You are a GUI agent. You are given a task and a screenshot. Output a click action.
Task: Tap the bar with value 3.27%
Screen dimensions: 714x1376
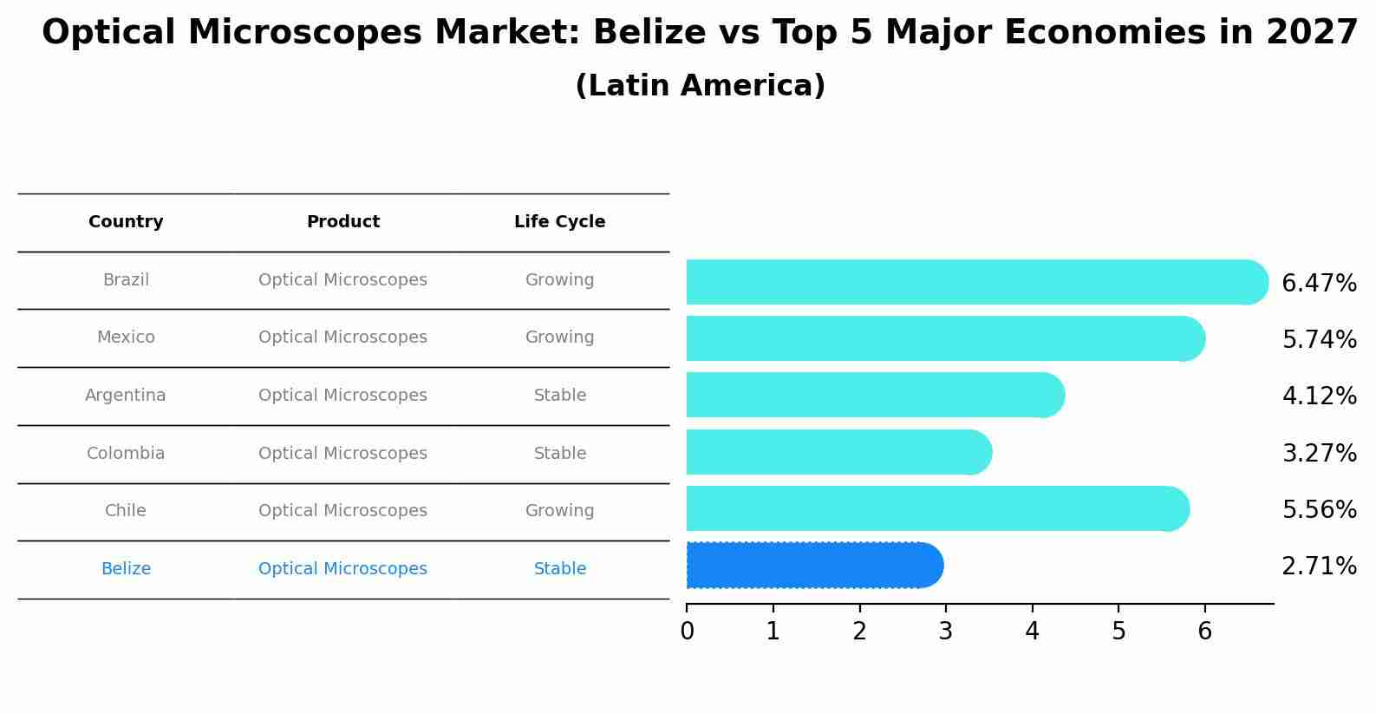pyautogui.click(x=838, y=452)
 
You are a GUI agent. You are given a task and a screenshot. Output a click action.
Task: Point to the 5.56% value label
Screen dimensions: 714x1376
pyautogui.click(x=1319, y=509)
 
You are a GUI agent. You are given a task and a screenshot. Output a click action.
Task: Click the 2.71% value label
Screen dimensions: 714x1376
pyautogui.click(x=1319, y=567)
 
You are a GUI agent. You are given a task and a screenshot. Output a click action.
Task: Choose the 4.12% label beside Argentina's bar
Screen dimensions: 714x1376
pyautogui.click(x=1319, y=396)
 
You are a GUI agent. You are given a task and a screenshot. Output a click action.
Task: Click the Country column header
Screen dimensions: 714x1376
pyautogui.click(x=126, y=222)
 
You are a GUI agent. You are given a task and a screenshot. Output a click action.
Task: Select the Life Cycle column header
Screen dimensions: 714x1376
pyautogui.click(x=559, y=222)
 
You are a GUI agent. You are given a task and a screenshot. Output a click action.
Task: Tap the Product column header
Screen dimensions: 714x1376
pyautogui.click(x=342, y=222)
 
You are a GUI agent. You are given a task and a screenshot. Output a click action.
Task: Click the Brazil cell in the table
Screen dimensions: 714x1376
pyautogui.click(x=126, y=280)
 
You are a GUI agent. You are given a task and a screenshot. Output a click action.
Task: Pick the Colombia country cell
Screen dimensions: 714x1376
pyautogui.click(x=126, y=454)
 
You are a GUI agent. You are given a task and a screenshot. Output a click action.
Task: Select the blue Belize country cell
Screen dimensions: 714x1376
pyautogui.click(x=126, y=569)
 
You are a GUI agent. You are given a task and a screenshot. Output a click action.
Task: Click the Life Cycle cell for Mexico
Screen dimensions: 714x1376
pyautogui.click(x=559, y=337)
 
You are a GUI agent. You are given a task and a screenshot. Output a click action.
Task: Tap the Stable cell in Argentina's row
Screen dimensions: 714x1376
pyautogui.click(x=559, y=396)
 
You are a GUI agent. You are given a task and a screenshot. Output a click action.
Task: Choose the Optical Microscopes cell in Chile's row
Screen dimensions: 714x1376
pyautogui.click(x=342, y=511)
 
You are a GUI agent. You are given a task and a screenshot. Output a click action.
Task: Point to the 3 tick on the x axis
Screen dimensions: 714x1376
pyautogui.click(x=945, y=631)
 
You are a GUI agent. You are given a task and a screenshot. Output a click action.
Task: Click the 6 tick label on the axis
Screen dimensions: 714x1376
pyautogui.click(x=1204, y=631)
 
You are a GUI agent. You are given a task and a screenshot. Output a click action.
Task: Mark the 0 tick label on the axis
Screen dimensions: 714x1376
pyautogui.click(x=687, y=631)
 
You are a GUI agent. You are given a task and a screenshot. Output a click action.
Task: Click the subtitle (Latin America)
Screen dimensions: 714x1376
pyautogui.click(x=700, y=86)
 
